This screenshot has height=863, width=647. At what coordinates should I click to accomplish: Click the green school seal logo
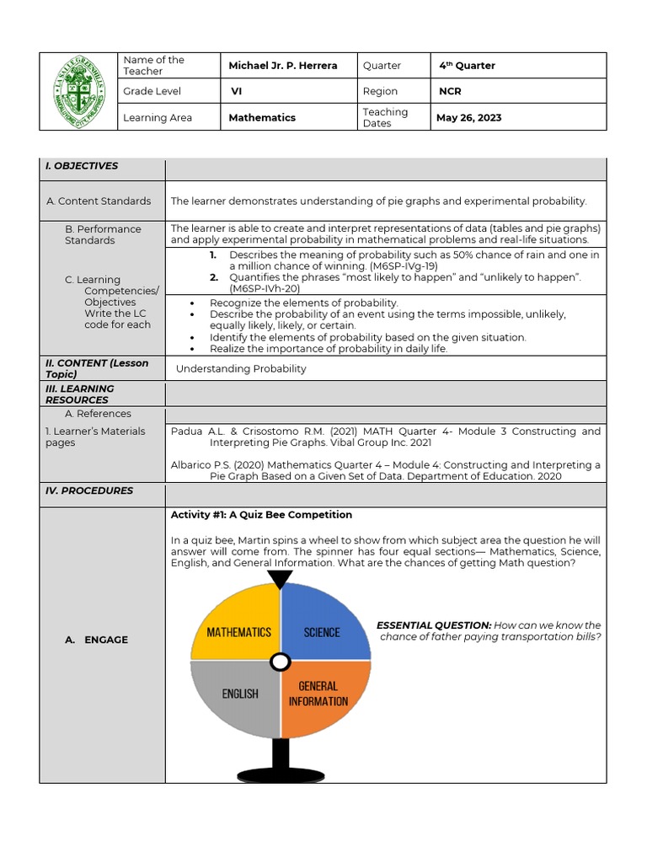(x=79, y=91)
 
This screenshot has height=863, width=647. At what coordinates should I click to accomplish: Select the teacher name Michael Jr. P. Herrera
(x=282, y=66)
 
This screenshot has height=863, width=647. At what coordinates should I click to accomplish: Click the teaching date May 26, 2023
(x=468, y=118)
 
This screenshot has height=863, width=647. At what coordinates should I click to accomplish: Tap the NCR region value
(x=450, y=92)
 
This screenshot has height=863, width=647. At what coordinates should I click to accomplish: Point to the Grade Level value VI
(x=236, y=92)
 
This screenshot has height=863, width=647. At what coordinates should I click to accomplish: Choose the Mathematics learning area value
(x=262, y=118)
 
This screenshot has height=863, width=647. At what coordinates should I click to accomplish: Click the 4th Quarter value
(x=467, y=66)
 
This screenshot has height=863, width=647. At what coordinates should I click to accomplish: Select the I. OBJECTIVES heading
(x=82, y=166)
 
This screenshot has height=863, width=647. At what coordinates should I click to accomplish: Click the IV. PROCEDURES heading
(x=89, y=490)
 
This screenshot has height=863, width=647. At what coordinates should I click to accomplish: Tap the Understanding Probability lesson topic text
(x=241, y=368)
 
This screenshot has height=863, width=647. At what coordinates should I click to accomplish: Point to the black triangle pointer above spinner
(x=280, y=579)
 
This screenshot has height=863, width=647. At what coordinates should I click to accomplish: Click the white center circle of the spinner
(x=280, y=662)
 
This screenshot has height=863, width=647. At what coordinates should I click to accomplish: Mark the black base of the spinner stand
(x=280, y=773)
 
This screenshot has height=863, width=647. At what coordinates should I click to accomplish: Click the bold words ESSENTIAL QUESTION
(x=433, y=625)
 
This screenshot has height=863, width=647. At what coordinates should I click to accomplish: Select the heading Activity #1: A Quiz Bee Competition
(x=261, y=515)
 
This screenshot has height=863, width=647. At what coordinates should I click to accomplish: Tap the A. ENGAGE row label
(x=96, y=640)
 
